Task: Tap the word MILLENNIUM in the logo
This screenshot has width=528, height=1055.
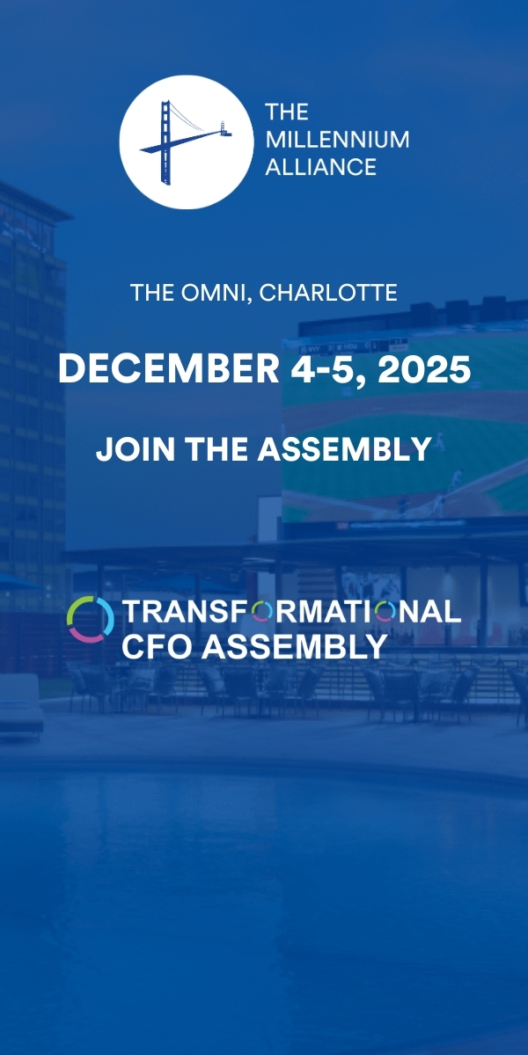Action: pos(338,140)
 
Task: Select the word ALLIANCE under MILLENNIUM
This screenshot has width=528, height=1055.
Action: pos(320,167)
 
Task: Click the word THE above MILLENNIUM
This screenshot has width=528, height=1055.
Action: pos(287,113)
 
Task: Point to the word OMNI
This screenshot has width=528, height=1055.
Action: pos(213,293)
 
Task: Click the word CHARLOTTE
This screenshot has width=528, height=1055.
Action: pos(328,293)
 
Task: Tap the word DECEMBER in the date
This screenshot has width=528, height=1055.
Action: pos(168,368)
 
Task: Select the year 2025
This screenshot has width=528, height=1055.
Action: pos(424,369)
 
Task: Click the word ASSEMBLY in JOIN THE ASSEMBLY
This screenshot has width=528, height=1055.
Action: pos(344,449)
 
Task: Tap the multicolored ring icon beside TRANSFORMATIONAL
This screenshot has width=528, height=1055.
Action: pos(91,619)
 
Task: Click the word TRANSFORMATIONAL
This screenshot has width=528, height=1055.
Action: pos(291,612)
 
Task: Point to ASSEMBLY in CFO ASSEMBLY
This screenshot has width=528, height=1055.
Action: pos(295,646)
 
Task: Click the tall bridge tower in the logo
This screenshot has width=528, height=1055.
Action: pos(165,142)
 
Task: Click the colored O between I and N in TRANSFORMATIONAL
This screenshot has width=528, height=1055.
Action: pos(385,612)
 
